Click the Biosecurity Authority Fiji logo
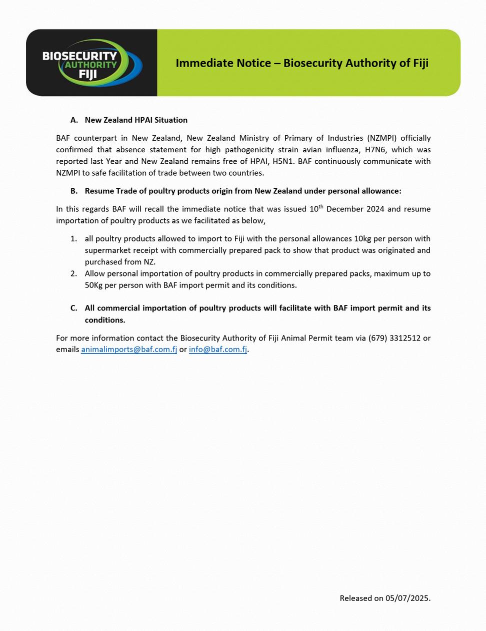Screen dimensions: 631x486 pyautogui.click(x=92, y=63)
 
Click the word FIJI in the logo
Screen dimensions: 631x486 pyautogui.click(x=88, y=75)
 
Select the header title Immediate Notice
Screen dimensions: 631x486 pyautogui.click(x=302, y=63)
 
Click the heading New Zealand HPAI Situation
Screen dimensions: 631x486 pyautogui.click(x=136, y=120)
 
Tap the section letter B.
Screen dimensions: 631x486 pyautogui.click(x=74, y=191)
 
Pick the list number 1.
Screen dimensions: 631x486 pyautogui.click(x=73, y=239)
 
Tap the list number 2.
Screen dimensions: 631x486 pyautogui.click(x=73, y=273)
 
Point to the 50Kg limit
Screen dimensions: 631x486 pyautogui.click(x=93, y=285)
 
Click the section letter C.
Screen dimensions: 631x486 pyautogui.click(x=74, y=308)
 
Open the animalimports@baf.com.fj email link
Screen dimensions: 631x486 pyautogui.click(x=129, y=349)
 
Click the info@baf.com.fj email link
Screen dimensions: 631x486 pyautogui.click(x=218, y=349)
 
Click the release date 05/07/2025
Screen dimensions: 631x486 pyautogui.click(x=407, y=598)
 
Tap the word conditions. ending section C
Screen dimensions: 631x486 pyautogui.click(x=105, y=320)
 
